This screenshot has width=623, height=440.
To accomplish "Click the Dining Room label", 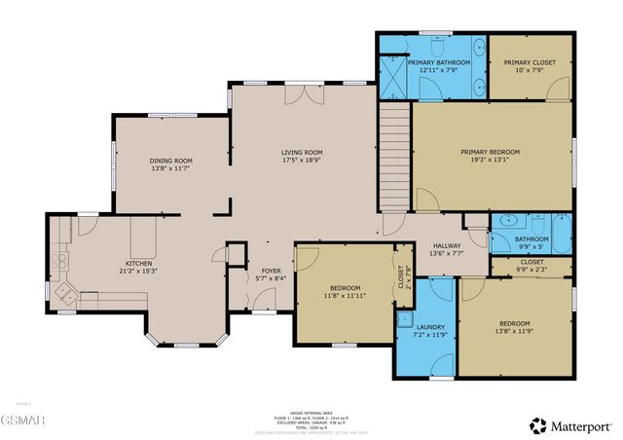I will [171, 161].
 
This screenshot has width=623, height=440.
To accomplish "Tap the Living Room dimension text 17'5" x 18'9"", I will [302, 161].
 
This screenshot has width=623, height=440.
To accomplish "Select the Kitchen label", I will [138, 263].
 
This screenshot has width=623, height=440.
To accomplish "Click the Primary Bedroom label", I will [490, 152].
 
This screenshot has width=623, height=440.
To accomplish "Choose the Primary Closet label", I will [530, 62].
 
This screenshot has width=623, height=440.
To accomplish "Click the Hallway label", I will [447, 245].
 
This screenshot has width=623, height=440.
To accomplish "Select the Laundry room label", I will [429, 327].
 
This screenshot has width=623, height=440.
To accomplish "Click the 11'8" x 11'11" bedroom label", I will [345, 288].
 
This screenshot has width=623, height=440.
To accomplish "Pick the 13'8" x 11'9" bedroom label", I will [515, 323].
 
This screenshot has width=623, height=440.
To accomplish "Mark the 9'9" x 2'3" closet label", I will [531, 262].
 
